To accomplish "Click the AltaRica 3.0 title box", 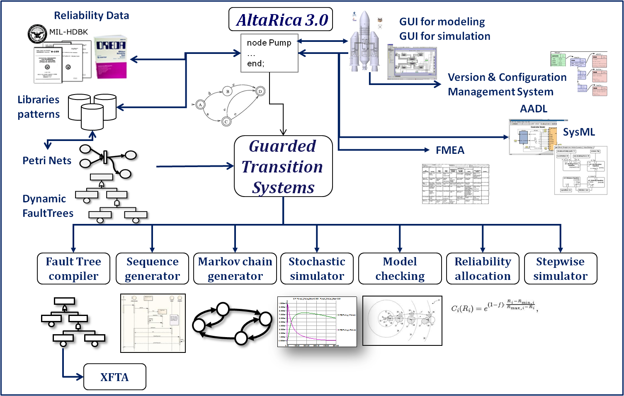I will click(281, 19).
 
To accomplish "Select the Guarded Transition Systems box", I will click(283, 166).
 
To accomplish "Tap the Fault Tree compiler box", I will click(73, 269).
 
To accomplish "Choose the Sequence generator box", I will click(152, 269).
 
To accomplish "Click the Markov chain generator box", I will click(235, 269).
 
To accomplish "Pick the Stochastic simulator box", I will click(317, 269).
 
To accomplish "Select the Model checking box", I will click(400, 269).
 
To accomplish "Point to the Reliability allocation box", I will click(483, 269).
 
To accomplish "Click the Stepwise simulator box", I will click(561, 269).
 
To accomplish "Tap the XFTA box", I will click(115, 377).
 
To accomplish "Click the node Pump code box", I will click(270, 53).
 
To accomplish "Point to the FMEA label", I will click(450, 150).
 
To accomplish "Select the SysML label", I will click(579, 132).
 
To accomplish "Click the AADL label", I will click(534, 109).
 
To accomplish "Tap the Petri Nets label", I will click(47, 160).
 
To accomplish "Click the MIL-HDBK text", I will click(68, 32).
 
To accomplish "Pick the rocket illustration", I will click(364, 41).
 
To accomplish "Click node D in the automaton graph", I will click(260, 91).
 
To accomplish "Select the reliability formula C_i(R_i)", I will click(494, 307).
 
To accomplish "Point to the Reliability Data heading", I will click(91, 15).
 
